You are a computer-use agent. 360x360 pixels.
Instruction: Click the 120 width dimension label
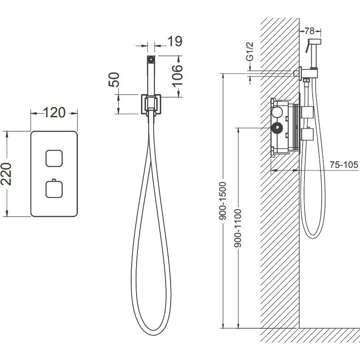coord(54,112)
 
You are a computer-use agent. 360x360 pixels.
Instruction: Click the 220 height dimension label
coord(6,174)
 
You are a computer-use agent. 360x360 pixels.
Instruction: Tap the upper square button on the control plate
coord(54,159)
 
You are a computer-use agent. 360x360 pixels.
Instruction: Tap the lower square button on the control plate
coord(54,189)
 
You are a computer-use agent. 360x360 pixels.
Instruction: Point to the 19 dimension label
coord(175,41)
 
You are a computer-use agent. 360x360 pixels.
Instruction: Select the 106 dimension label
coord(177,76)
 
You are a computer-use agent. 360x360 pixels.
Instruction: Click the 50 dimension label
coord(114,79)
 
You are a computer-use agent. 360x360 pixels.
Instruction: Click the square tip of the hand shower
coord(151,59)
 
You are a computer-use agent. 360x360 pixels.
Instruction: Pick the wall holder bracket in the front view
coord(151,104)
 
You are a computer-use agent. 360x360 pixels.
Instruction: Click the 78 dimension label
coord(309,31)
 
